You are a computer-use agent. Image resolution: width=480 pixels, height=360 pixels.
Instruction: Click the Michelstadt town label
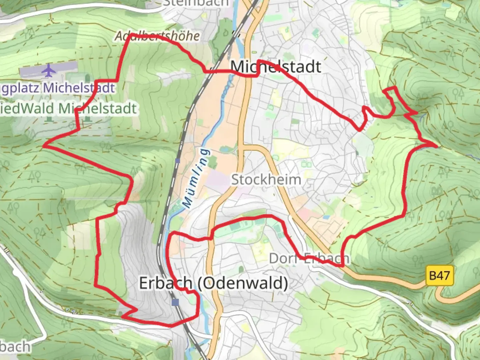tap(276, 67)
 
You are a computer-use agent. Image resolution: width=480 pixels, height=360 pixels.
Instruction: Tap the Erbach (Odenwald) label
tap(213, 283)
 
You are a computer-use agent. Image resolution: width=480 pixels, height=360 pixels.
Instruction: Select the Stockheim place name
tap(266, 180)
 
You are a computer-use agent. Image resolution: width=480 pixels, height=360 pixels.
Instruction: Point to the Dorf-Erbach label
tap(309, 258)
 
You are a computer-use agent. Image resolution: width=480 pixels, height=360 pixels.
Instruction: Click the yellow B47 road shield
tap(440, 276)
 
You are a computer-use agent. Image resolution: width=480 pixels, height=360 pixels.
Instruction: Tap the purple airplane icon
tap(49, 70)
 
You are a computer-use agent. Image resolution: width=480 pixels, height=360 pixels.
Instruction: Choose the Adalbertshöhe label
tap(157, 36)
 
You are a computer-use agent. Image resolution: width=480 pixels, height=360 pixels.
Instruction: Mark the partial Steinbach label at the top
tap(196, 3)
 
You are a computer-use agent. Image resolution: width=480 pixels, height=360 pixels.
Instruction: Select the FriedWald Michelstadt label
tap(68, 109)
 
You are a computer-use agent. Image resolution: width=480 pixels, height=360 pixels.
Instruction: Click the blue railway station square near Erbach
tap(175, 302)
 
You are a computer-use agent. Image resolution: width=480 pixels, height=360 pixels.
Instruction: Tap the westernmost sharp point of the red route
tap(44, 146)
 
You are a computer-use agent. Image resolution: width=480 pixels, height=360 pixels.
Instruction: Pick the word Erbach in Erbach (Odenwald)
tap(166, 283)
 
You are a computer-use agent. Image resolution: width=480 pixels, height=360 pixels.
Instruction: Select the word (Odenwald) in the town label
tap(243, 283)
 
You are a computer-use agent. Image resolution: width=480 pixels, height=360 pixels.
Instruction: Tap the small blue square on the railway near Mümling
tap(177, 161)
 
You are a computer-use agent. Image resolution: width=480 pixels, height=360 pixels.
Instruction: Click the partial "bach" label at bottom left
tap(15, 347)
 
